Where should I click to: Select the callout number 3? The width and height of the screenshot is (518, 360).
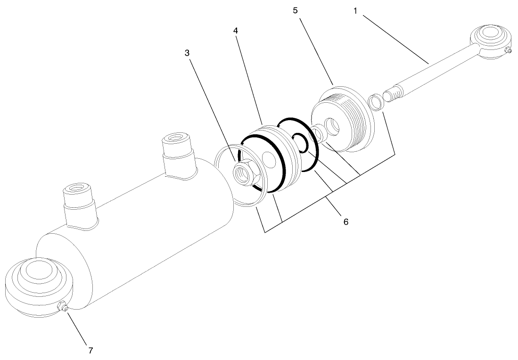coord(187,53)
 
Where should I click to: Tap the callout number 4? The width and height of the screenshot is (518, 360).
coord(235,30)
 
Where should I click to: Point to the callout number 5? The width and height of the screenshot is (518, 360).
coord(295,10)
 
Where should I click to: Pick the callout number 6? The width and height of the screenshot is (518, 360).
coord(345,221)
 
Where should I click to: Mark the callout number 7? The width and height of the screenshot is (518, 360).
coord(90,350)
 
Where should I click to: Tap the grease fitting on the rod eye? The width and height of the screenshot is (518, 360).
coord(508,51)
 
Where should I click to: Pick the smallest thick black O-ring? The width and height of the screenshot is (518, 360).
coord(299,142)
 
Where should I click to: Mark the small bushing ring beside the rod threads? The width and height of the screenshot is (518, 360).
coord(375,102)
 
